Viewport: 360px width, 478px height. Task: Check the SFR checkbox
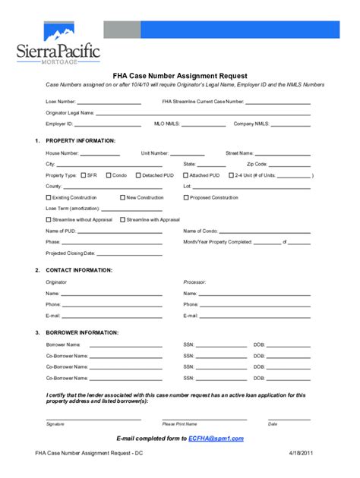[x=83, y=175]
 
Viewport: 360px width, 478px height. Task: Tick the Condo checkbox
[x=109, y=175]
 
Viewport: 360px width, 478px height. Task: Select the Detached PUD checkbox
[x=138, y=175]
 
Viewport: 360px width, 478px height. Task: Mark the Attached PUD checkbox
[x=185, y=175]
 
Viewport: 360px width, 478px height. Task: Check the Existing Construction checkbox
[x=49, y=197]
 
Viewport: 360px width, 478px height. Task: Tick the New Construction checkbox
[x=122, y=197]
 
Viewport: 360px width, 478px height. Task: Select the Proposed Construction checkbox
[x=185, y=197]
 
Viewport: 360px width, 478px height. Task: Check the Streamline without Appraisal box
[x=49, y=219]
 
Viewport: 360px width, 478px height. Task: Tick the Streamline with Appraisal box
[x=122, y=219]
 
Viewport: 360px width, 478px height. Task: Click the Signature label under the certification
[x=55, y=424]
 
